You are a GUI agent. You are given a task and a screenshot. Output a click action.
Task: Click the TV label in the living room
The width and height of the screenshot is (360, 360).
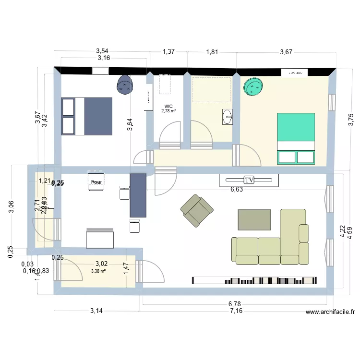(x=249, y=180)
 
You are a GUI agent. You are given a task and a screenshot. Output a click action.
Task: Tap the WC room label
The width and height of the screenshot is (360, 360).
(x=168, y=107)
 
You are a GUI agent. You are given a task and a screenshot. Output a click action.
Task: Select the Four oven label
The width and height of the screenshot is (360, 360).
(x=96, y=182)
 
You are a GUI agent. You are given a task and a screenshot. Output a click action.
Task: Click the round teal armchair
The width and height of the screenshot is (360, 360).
(x=254, y=87)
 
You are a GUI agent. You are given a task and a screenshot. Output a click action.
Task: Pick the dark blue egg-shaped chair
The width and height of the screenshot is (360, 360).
(x=126, y=85)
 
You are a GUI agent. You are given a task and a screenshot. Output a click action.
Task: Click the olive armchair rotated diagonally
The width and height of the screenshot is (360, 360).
(x=196, y=210)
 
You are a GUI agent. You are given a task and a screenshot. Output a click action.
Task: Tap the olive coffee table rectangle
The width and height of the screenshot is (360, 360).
(x=254, y=220)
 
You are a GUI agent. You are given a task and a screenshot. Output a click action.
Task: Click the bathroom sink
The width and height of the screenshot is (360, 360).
(x=227, y=117)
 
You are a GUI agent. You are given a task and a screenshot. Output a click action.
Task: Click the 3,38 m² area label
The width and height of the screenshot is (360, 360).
(x=99, y=270)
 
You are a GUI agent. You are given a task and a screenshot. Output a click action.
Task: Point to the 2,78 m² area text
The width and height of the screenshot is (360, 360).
(x=168, y=111)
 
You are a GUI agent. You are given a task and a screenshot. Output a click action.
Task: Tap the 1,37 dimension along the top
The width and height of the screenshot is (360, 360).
(x=169, y=51)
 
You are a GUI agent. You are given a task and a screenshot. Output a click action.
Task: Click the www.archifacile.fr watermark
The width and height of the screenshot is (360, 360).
(x=330, y=312)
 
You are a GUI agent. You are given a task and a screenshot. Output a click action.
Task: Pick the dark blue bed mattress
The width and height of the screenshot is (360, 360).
(x=98, y=116)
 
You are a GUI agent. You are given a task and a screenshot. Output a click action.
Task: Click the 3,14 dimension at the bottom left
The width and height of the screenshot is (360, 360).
(x=96, y=311)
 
